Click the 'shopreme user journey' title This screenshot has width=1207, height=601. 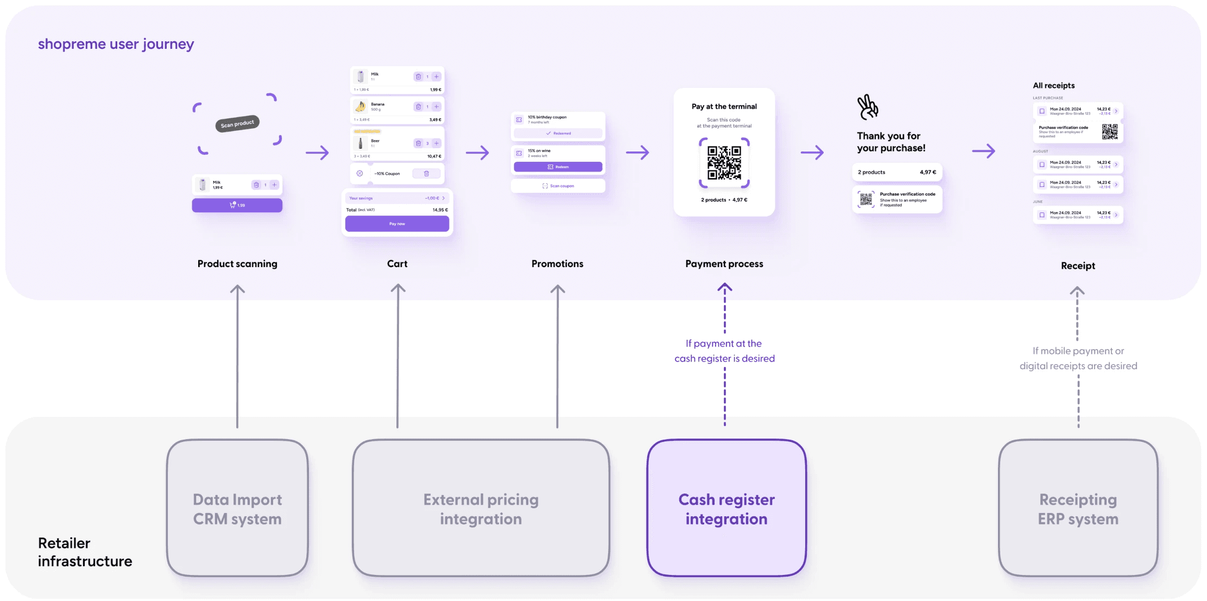tap(116, 44)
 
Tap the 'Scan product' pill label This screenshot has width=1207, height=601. tap(237, 124)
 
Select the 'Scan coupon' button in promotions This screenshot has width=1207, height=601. tap(558, 186)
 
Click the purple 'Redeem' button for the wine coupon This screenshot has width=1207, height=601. tap(558, 167)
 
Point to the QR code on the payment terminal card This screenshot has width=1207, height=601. tap(724, 162)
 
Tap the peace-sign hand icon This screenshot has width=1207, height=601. tap(867, 107)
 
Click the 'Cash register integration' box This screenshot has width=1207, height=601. tap(726, 508)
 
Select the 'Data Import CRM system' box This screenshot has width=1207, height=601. tap(237, 508)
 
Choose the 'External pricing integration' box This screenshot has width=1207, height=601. tap(481, 508)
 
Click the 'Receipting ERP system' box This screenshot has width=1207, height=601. tap(1078, 508)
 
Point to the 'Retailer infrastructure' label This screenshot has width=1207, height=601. tap(85, 552)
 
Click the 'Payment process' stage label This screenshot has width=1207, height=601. tap(724, 264)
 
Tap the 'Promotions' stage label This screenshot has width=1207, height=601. tap(558, 264)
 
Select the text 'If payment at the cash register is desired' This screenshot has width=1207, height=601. tap(724, 351)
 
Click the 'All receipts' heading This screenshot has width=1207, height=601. tap(1053, 85)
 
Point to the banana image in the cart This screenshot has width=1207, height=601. tap(361, 106)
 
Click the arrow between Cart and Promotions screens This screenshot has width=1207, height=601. tap(477, 153)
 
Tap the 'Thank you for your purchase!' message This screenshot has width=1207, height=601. tap(891, 142)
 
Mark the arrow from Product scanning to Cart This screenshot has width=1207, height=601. tap(317, 153)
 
